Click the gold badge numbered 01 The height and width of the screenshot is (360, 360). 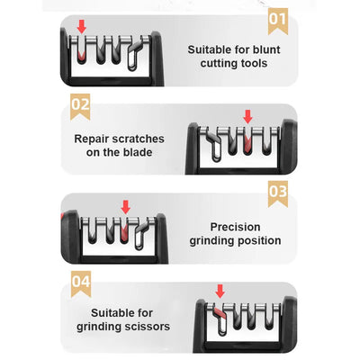pos(277,19)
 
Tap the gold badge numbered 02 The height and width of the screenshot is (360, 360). pos(81,105)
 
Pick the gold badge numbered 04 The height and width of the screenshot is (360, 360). pos(81,283)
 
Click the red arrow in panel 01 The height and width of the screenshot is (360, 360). pos(83,28)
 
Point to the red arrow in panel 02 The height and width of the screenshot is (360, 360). pos(248,116)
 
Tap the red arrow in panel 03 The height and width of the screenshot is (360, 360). pos(125,206)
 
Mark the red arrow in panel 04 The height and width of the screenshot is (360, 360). pos(219,291)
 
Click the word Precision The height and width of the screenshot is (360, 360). pos(235,227)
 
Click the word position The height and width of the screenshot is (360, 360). pos(256,241)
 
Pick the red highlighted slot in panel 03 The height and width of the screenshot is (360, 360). pos(124,234)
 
